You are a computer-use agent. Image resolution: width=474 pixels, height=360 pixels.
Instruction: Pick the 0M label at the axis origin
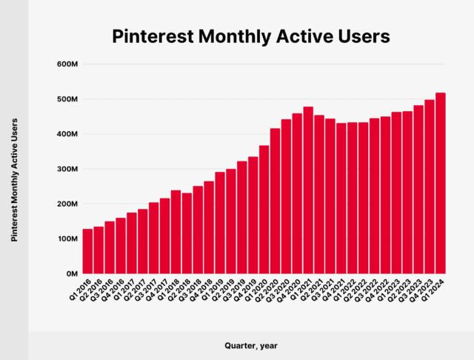[72, 273]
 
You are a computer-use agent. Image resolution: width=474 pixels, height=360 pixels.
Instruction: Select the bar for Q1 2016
[87, 251]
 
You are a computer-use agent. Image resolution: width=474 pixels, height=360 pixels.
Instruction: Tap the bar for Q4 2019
[253, 215]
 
